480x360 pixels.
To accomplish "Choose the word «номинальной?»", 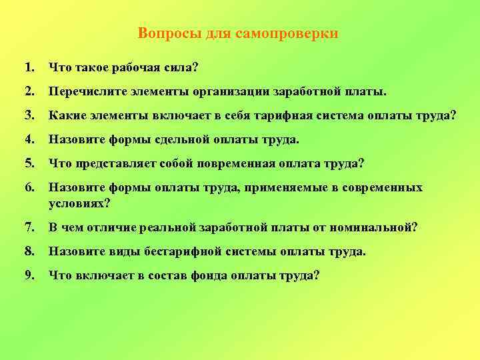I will (x=375, y=227).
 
